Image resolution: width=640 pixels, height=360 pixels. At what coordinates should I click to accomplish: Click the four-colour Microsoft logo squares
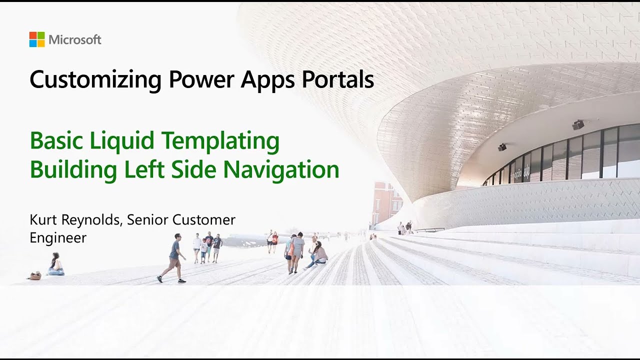pyautogui.click(x=37, y=39)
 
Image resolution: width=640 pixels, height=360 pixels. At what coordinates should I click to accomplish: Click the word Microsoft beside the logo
pyautogui.click(x=75, y=40)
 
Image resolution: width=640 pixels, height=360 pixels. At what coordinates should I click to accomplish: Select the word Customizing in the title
pyautogui.click(x=95, y=80)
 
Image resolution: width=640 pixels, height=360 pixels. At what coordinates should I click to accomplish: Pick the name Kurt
pyautogui.click(x=44, y=219)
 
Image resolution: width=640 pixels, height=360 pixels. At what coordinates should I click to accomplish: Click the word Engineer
pyautogui.click(x=58, y=238)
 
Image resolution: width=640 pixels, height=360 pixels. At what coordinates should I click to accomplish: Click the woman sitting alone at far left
pyautogui.click(x=55, y=264)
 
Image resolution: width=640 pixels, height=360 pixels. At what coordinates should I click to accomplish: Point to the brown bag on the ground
pyautogui.click(x=34, y=275)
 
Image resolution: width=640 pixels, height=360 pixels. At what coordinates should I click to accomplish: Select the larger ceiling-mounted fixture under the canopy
pyautogui.click(x=578, y=124)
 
